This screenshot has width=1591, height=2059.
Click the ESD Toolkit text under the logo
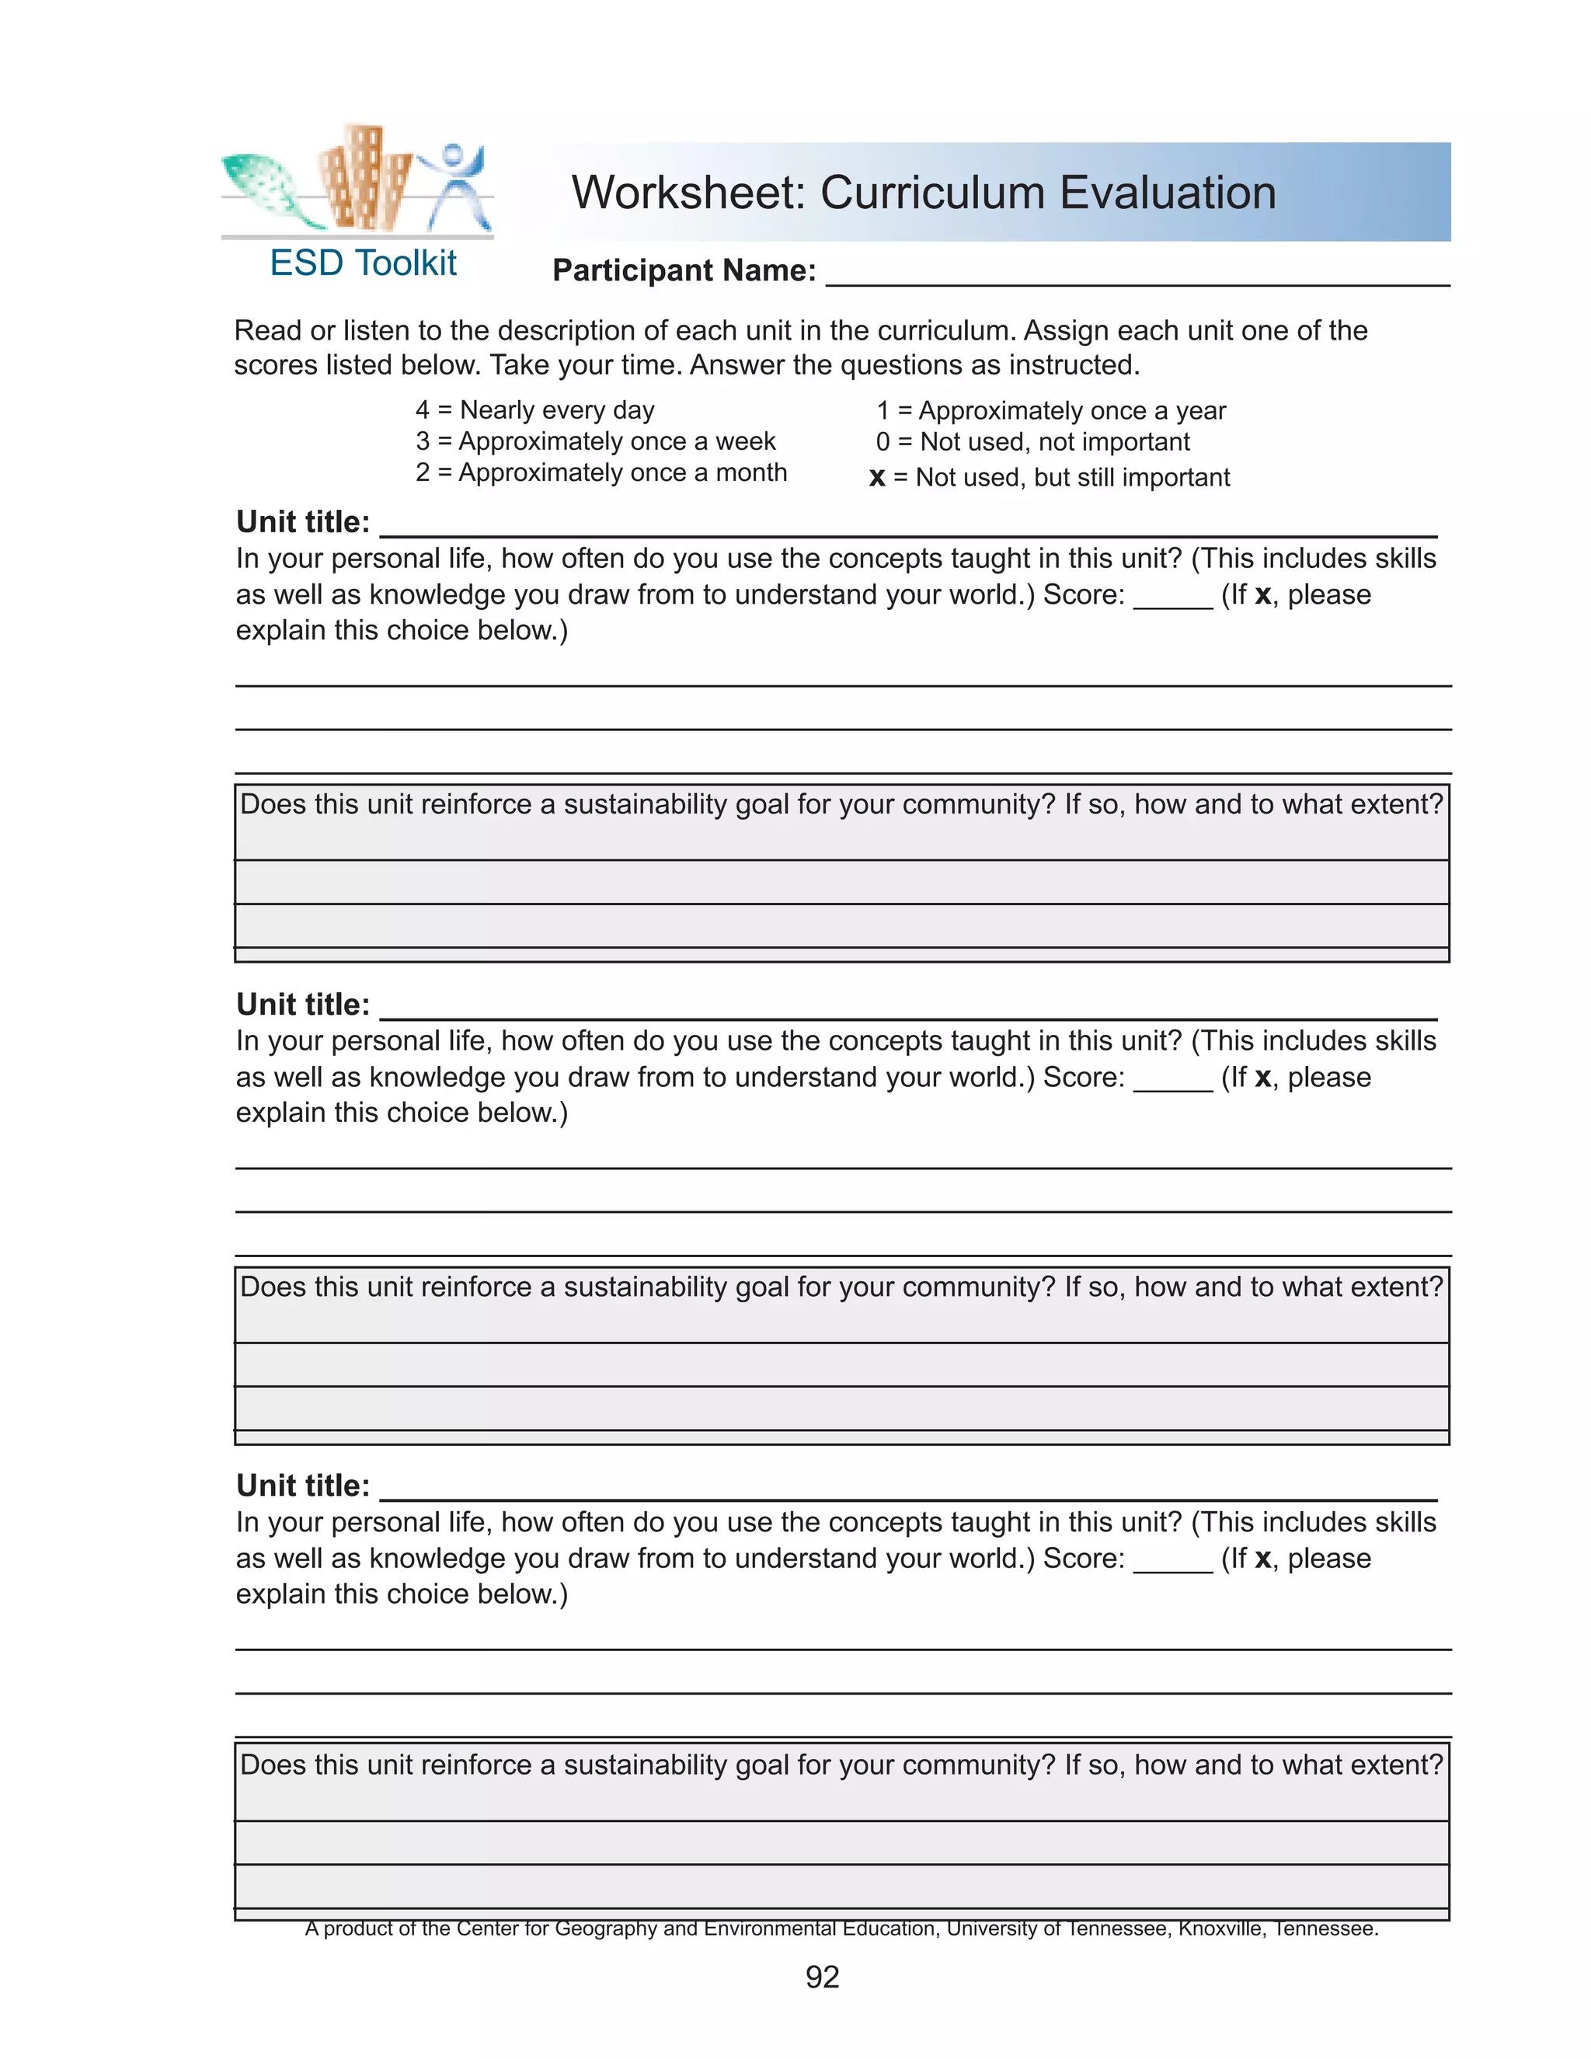pyautogui.click(x=363, y=263)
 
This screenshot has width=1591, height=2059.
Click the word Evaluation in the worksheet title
pyautogui.click(x=1168, y=193)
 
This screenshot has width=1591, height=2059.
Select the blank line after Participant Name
pyautogui.click(x=1137, y=273)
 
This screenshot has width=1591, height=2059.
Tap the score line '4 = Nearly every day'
pyautogui.click(x=534, y=410)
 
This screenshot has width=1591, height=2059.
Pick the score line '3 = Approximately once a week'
pyautogui.click(x=596, y=441)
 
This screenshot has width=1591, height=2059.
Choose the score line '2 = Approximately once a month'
pyautogui.click(x=601, y=472)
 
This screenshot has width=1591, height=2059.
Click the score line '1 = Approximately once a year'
pyautogui.click(x=1051, y=411)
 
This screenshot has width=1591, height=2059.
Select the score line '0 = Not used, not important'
pyautogui.click(x=1032, y=442)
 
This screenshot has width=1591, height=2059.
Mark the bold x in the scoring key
pyautogui.click(x=876, y=478)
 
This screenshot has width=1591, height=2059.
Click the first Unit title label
pyautogui.click(x=302, y=522)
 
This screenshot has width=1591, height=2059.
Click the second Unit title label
pyautogui.click(x=302, y=1005)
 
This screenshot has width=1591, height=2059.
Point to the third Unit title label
pyautogui.click(x=302, y=1486)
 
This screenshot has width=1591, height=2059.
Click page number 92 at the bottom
pyautogui.click(x=822, y=1977)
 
